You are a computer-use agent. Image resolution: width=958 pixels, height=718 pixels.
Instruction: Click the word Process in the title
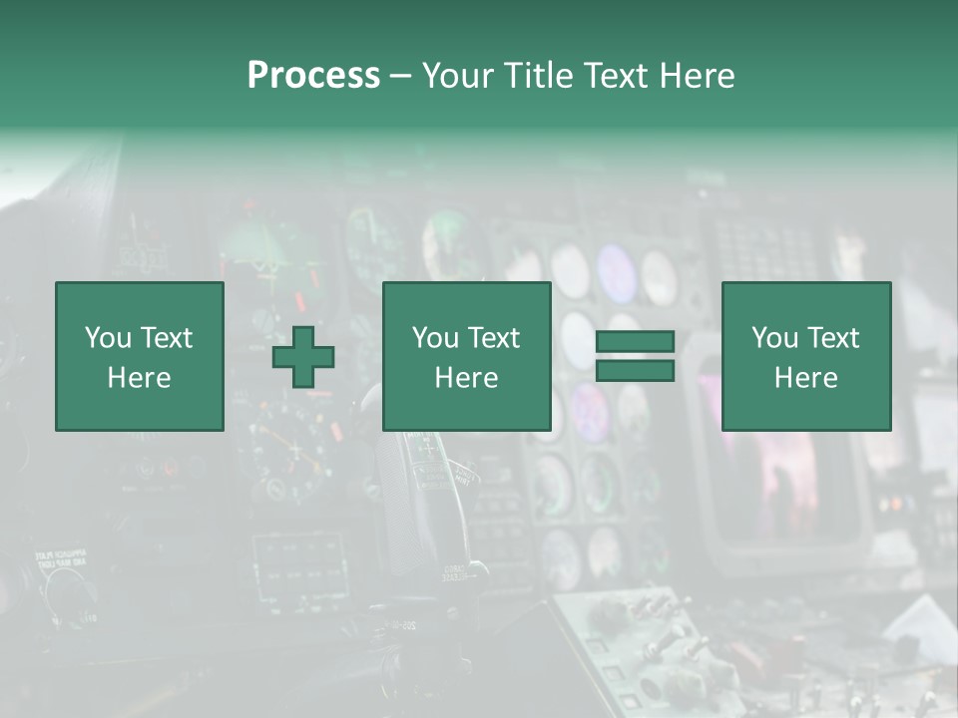click(313, 76)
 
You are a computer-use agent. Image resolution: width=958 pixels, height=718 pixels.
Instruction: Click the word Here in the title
click(698, 76)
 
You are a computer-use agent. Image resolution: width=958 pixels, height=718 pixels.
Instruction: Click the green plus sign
click(303, 357)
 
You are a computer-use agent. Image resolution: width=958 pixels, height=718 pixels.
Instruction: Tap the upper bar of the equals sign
click(635, 342)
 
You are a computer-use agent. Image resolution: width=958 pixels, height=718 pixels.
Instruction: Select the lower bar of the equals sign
click(635, 371)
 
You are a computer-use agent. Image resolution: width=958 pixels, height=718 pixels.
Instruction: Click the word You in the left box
click(108, 338)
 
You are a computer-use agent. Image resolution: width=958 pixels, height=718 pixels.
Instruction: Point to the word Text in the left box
click(166, 338)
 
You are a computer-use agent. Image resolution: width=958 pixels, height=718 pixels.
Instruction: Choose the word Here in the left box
click(139, 378)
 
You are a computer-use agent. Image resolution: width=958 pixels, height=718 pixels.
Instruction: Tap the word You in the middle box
click(435, 338)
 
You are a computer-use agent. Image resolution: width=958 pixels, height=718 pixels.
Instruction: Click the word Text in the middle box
click(493, 338)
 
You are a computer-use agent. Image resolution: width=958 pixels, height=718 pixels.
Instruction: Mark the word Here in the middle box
click(466, 378)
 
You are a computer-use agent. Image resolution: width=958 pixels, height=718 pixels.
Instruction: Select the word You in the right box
click(774, 338)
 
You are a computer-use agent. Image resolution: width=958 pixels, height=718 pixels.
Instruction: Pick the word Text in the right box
click(832, 338)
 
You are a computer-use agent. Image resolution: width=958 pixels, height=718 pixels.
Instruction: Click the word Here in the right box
click(805, 378)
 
